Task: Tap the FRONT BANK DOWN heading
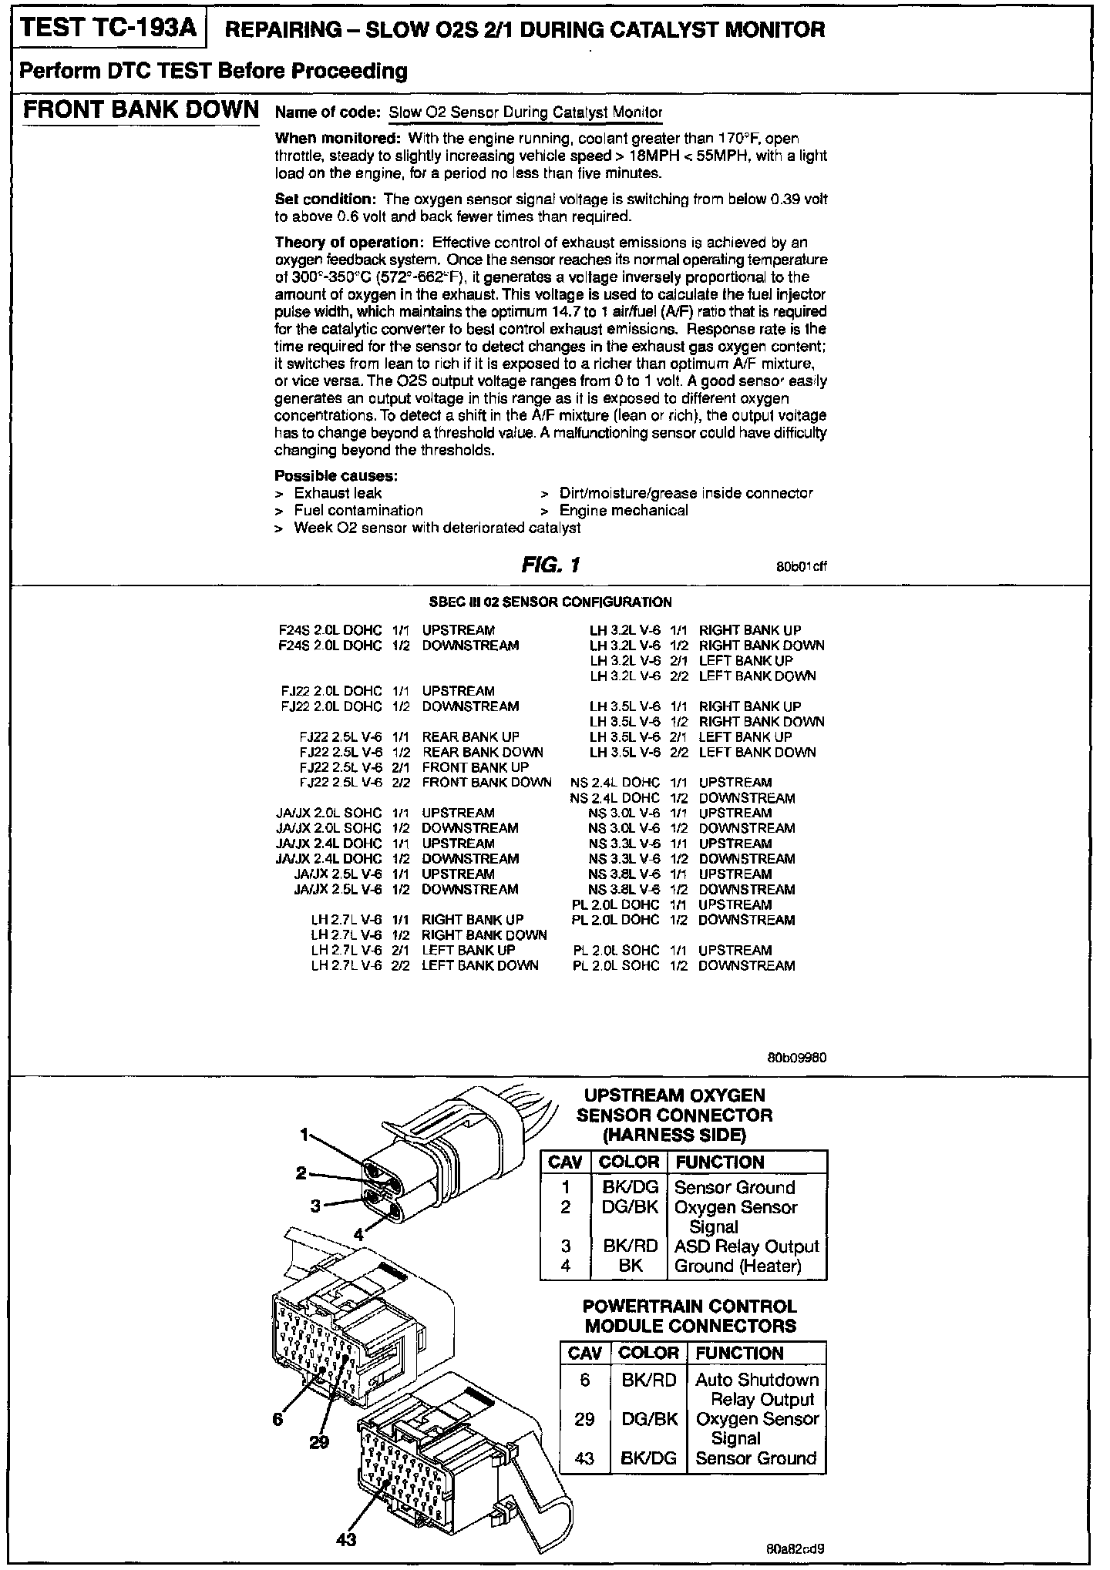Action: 140,109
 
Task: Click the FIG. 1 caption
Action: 550,565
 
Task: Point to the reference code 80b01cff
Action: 802,567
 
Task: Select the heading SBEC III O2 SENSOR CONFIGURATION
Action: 550,602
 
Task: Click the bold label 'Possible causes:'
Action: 336,475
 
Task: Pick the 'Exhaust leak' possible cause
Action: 338,493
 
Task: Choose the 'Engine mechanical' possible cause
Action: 623,510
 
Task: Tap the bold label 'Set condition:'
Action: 327,199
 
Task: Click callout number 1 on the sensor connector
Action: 304,1134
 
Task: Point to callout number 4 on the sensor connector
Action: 358,1233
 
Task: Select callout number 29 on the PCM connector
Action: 319,1442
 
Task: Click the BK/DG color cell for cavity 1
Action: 629,1187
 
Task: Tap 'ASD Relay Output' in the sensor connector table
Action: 746,1246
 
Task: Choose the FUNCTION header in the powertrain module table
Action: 738,1353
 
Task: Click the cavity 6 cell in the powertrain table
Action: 584,1380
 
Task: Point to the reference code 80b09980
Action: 796,1058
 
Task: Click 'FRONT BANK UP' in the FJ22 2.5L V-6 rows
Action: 475,767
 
